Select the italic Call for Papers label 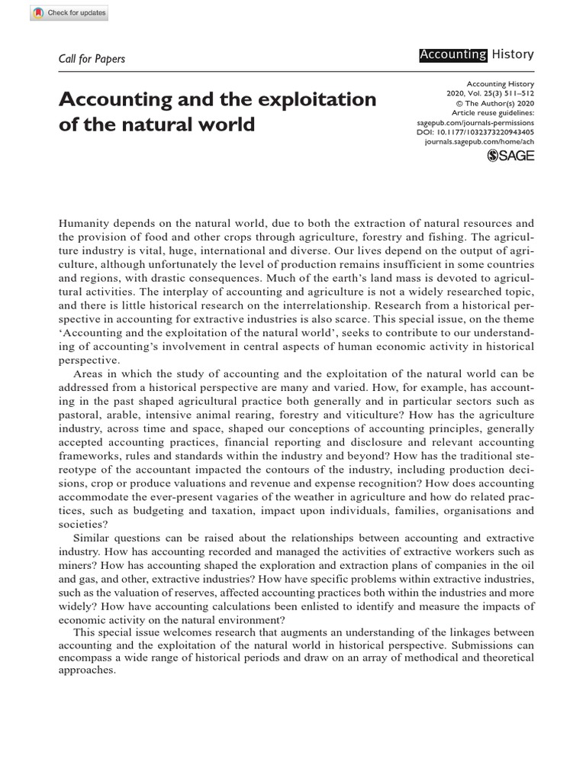[92, 59]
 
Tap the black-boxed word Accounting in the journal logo [452, 54]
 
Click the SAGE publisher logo [510, 156]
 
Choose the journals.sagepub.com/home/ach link [488, 141]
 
